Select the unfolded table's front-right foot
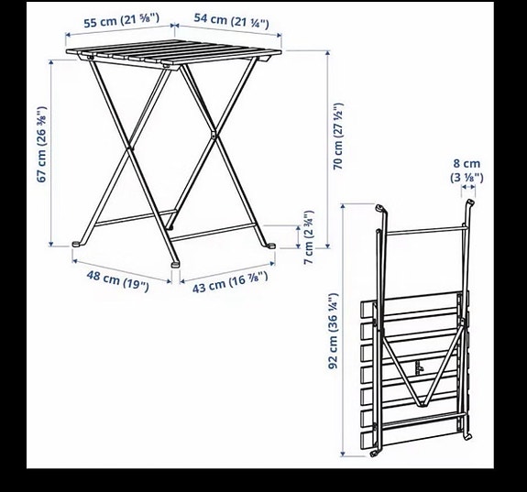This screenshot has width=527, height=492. click(x=272, y=247)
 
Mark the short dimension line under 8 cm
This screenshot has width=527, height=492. click(x=468, y=192)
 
